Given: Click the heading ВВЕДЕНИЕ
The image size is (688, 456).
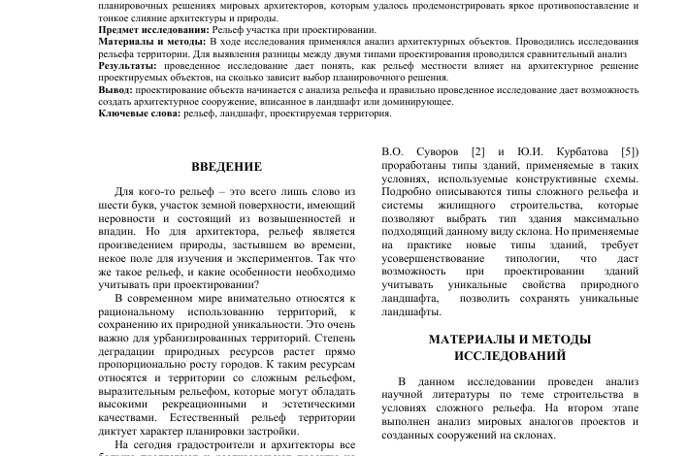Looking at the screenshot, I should (226, 168).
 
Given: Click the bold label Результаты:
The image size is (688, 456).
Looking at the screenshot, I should (127, 66).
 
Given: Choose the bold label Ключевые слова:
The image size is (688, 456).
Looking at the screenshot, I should (140, 114).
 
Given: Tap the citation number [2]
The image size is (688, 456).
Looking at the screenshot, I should (477, 152).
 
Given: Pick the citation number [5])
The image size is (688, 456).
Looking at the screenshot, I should (630, 152).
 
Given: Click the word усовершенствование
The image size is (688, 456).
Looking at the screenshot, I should (433, 259).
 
